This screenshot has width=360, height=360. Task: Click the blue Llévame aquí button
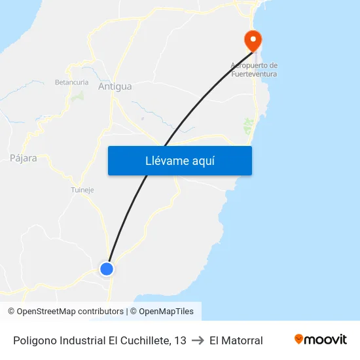(179, 160)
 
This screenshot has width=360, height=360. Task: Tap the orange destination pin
(253, 41)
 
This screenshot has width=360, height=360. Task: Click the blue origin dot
(106, 268)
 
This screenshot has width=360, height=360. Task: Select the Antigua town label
(115, 86)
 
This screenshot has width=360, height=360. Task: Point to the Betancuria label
(71, 82)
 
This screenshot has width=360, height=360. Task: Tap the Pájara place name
(24, 158)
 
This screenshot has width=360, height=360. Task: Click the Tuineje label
(82, 190)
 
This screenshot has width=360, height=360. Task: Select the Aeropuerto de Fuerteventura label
(254, 69)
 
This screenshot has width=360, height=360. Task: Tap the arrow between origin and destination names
(198, 340)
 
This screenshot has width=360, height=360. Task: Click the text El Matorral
(236, 340)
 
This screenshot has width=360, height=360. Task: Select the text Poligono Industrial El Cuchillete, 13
(99, 340)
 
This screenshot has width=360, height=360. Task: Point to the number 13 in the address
(180, 340)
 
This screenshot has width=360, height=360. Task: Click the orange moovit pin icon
(299, 339)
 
